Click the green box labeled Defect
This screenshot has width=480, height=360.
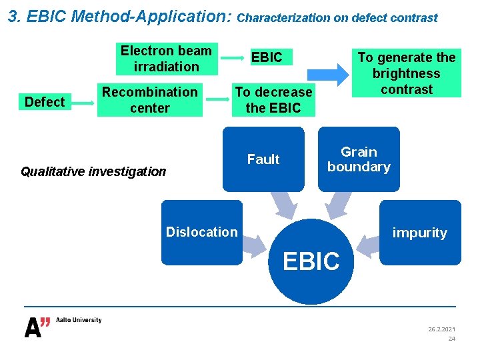click(45, 102)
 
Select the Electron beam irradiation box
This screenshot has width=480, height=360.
click(166, 59)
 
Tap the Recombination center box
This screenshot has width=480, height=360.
click(150, 100)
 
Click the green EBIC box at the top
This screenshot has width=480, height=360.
click(267, 58)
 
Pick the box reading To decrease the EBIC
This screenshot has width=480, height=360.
click(273, 100)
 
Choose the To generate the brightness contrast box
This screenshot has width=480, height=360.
click(407, 73)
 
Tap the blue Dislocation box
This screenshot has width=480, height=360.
click(201, 232)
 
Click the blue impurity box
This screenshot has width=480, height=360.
click(420, 232)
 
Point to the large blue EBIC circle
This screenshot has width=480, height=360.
click(311, 262)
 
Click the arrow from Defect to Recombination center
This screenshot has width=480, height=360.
click(82, 103)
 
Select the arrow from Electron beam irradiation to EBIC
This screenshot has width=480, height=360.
click(232, 59)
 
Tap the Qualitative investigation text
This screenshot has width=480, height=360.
click(93, 171)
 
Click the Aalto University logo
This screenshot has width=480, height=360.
click(63, 326)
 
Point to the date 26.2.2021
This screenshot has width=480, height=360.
click(442, 329)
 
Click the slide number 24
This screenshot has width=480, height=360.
click(451, 339)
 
